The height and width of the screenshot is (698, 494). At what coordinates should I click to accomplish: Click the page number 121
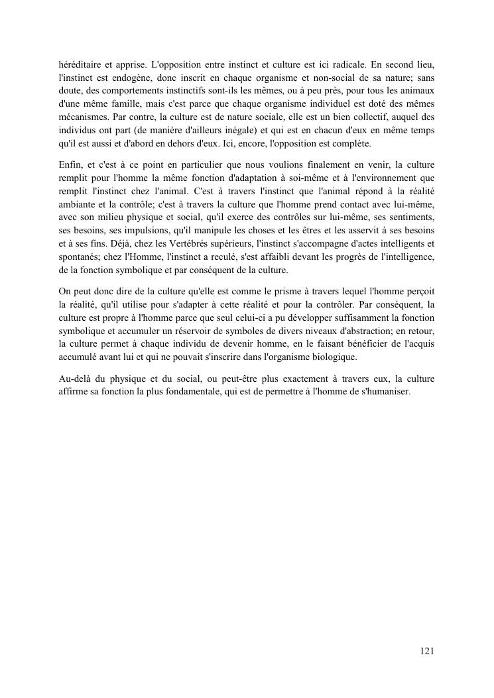427,652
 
